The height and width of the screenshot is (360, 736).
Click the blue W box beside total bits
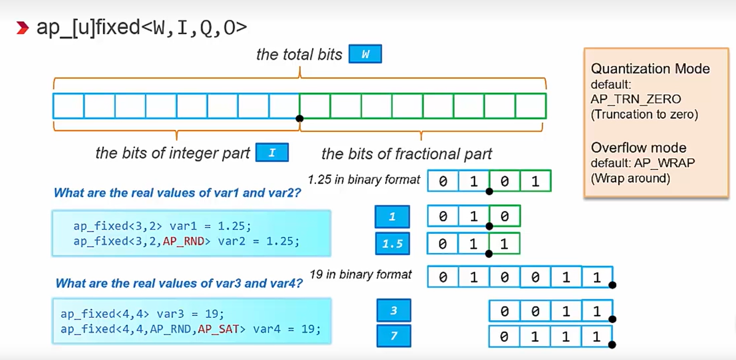click(x=365, y=55)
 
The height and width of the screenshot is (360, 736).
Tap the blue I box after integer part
click(x=272, y=153)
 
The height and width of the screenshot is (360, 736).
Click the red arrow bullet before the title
click(x=22, y=28)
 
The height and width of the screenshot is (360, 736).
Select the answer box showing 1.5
click(x=392, y=244)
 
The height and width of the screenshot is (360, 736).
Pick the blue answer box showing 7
click(x=394, y=336)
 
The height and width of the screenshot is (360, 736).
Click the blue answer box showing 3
click(x=394, y=310)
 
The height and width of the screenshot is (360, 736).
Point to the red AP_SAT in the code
click(x=218, y=329)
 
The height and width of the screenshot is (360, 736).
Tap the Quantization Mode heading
click(x=650, y=69)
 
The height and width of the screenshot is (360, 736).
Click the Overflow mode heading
click(x=639, y=148)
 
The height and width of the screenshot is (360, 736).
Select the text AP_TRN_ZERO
click(x=635, y=99)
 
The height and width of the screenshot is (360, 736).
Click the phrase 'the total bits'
click(x=299, y=55)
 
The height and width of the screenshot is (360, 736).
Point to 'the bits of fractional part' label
click(x=406, y=154)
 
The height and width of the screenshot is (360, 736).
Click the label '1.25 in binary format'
click(x=364, y=179)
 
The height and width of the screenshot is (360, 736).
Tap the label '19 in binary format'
click(x=361, y=275)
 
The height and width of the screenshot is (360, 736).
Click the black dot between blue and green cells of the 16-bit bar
click(x=299, y=118)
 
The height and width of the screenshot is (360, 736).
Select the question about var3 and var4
click(x=179, y=283)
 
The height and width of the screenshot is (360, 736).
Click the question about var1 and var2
click(x=177, y=193)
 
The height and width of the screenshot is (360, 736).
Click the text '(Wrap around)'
click(x=630, y=178)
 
